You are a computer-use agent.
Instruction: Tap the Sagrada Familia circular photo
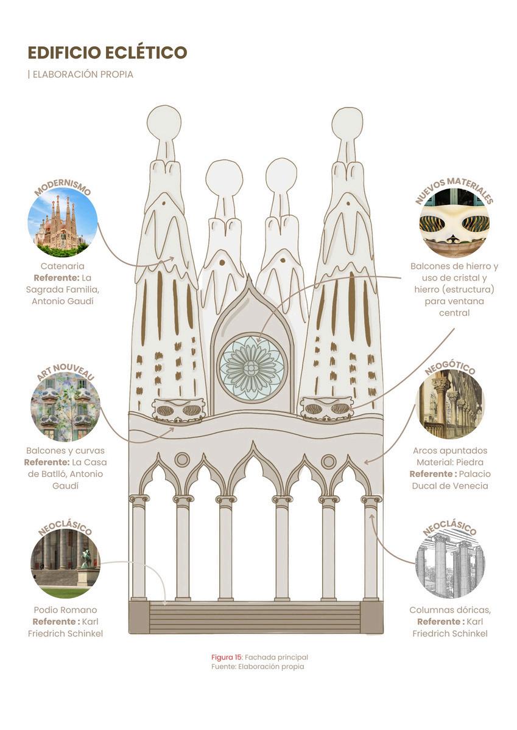point(62,222)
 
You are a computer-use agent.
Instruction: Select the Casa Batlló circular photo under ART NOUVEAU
point(65,406)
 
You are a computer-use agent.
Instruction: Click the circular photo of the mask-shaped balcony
point(454,223)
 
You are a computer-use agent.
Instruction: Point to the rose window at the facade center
point(251,367)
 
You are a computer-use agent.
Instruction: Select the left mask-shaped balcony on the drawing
point(179,410)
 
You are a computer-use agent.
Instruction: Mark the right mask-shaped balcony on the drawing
point(327,408)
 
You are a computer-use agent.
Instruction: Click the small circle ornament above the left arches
point(182,459)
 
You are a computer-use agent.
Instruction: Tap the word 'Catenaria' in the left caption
point(62,266)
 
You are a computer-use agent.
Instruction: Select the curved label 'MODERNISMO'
point(62,188)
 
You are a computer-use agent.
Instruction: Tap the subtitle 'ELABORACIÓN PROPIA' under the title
point(82,75)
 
